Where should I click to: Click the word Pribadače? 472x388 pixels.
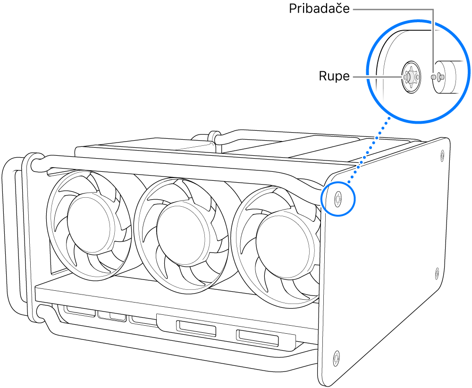coord(320,9)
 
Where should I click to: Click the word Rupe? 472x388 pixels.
coord(334,76)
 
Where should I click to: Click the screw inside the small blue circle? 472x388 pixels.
coord(338,198)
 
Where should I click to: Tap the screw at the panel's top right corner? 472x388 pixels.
coord(442,154)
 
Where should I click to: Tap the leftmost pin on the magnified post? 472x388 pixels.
coord(434,76)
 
